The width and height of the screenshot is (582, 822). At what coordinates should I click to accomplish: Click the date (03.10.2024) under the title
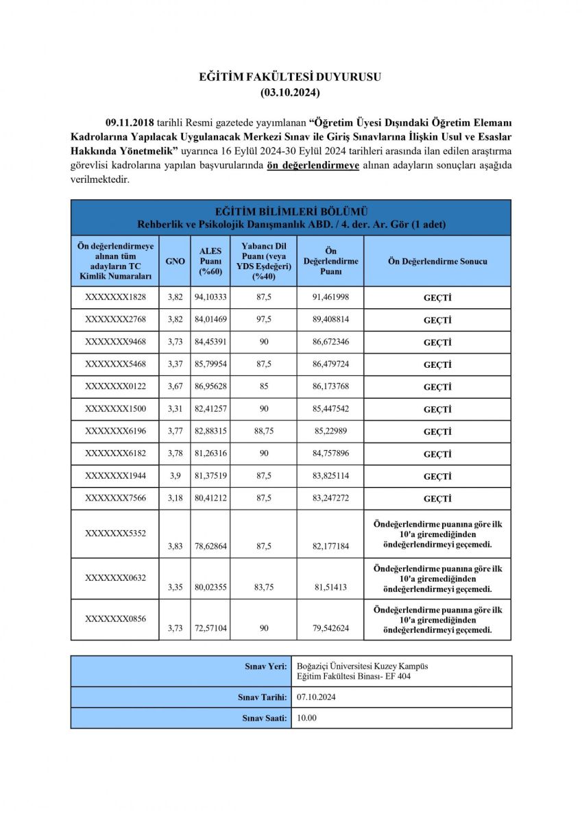[290, 90]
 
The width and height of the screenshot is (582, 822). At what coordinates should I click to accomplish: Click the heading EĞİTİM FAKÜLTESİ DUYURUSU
[290, 77]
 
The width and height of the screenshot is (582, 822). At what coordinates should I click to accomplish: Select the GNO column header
[175, 261]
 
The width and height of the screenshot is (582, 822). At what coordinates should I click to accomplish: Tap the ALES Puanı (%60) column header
[210, 261]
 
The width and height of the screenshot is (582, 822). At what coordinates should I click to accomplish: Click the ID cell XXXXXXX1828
[116, 298]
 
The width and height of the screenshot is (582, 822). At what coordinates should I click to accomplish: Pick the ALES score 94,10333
[210, 298]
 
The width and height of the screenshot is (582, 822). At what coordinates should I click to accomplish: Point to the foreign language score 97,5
[263, 320]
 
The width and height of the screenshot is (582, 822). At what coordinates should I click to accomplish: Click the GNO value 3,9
[175, 476]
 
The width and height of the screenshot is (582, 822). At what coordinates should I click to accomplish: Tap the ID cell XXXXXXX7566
[116, 499]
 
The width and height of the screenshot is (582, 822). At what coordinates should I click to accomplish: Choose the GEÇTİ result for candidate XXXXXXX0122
[437, 387]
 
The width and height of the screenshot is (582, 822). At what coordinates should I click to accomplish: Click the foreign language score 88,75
[263, 432]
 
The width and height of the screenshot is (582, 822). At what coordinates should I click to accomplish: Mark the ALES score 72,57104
[210, 628]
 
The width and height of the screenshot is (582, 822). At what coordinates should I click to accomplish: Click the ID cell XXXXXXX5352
[116, 532]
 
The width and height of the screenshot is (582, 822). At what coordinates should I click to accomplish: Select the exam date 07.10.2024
[315, 697]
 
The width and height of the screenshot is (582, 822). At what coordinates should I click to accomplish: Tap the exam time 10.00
[306, 718]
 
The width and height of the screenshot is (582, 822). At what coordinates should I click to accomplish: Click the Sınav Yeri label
[266, 666]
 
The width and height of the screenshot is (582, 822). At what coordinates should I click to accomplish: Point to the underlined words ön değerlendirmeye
[313, 166]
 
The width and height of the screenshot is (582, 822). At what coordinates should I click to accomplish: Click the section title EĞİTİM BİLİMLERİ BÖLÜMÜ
[291, 212]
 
